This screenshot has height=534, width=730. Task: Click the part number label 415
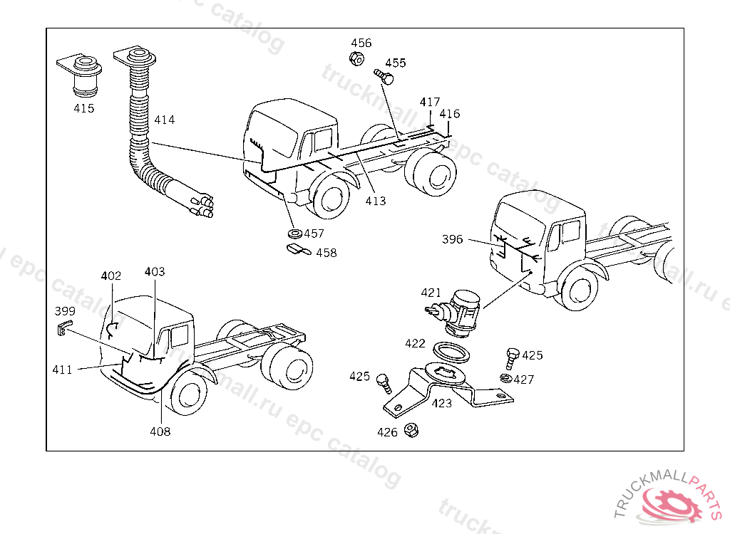click(84, 109)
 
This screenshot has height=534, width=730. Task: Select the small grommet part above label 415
click(82, 75)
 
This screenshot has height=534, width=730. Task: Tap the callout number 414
click(164, 120)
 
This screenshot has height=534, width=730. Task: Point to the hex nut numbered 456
click(359, 58)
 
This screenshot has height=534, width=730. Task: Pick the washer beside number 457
click(294, 234)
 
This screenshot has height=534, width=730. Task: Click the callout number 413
click(376, 201)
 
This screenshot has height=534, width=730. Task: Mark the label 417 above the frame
click(430, 103)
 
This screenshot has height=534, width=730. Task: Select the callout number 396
click(453, 239)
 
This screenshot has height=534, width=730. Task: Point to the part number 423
click(442, 404)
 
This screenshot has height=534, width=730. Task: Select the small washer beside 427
click(505, 378)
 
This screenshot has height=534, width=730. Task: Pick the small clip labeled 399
click(63, 327)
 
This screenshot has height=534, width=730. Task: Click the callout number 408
click(160, 431)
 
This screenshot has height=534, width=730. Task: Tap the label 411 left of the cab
click(62, 369)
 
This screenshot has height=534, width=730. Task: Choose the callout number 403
click(155, 272)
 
